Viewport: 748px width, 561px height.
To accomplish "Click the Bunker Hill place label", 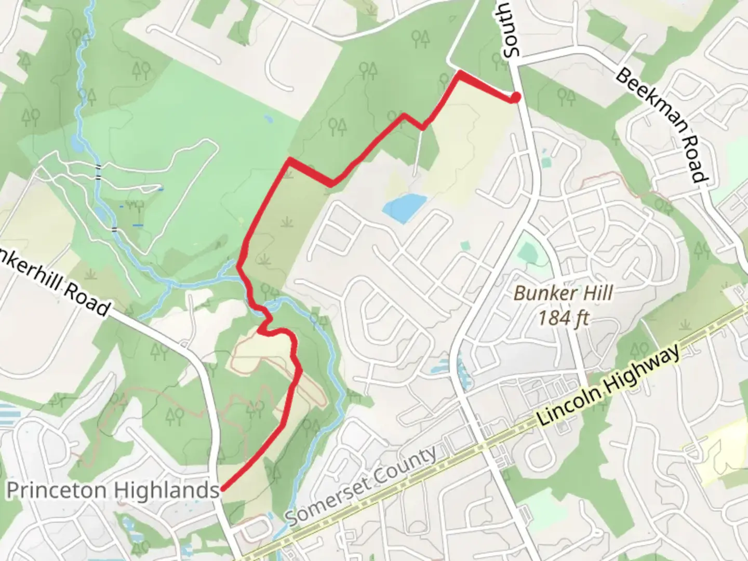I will [x=563, y=293].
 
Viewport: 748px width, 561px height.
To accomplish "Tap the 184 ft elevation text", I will [x=563, y=317].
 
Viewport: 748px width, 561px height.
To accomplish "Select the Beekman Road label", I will [x=662, y=125].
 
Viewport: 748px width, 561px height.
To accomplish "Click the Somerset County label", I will [x=362, y=486].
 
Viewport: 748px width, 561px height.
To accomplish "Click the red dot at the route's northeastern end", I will [x=515, y=97].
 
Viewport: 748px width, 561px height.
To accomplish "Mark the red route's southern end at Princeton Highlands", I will [x=222, y=489].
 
